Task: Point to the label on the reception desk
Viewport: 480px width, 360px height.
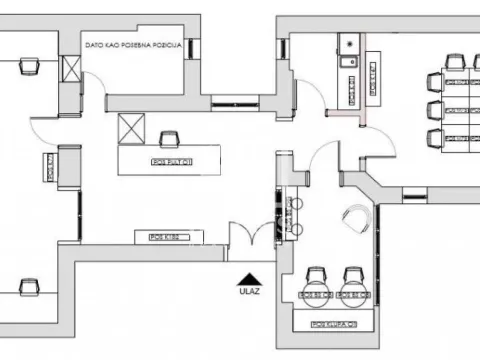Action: [172, 160]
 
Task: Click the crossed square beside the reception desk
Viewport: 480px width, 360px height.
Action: [130, 128]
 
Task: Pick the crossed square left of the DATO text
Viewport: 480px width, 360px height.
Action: [72, 69]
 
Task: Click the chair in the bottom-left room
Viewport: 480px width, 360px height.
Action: [28, 287]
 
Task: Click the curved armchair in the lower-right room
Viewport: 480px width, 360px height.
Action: [355, 217]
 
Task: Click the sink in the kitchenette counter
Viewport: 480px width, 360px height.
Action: [349, 59]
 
